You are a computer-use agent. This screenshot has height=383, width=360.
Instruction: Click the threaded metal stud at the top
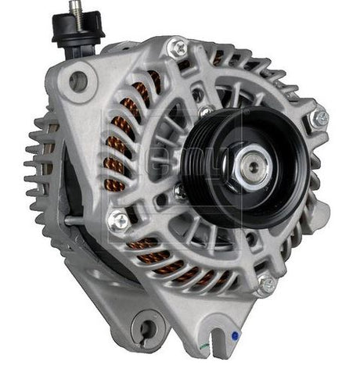76,10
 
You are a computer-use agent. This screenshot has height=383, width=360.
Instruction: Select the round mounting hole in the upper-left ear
78,79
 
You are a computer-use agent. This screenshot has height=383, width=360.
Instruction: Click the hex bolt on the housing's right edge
319,119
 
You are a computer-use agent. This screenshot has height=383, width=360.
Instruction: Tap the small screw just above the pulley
206,112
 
